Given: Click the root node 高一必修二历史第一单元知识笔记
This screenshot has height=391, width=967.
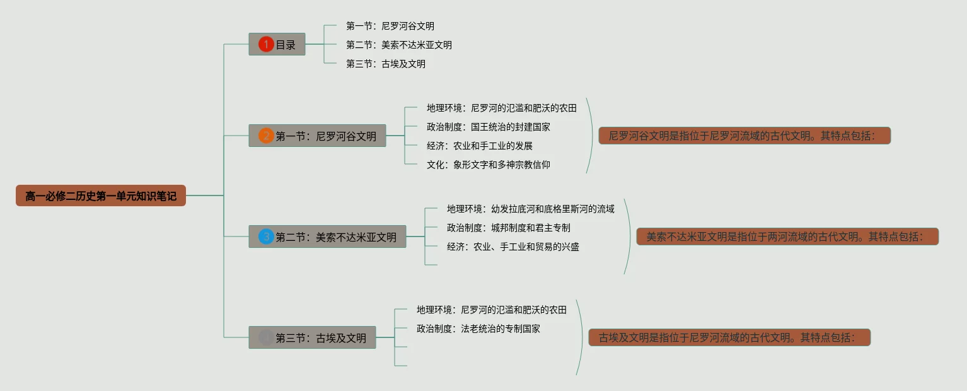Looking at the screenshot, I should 101,196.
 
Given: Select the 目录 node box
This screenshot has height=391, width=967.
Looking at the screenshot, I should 277,45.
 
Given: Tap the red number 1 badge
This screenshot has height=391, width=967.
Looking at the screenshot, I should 266,45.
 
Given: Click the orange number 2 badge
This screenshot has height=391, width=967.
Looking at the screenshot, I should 266,136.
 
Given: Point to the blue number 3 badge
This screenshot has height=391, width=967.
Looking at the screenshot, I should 266,237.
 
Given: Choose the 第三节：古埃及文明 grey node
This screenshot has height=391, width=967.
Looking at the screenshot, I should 312,338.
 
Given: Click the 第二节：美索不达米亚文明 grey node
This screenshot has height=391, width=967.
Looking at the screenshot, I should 327,237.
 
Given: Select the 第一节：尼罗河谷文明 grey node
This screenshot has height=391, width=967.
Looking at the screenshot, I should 317,136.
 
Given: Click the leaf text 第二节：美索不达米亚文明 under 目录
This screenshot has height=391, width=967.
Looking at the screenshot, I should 398,45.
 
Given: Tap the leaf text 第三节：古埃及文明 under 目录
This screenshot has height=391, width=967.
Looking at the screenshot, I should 385,64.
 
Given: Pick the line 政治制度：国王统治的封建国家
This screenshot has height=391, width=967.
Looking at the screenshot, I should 488,127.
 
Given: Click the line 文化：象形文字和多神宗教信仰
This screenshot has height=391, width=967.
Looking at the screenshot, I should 488,165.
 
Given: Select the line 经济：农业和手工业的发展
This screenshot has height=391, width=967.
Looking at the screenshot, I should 479,146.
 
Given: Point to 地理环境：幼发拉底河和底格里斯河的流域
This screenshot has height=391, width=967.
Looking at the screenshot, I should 530,209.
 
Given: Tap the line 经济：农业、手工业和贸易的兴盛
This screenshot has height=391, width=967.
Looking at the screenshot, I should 512,247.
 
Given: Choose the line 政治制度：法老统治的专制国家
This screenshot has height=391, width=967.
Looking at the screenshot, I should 478,329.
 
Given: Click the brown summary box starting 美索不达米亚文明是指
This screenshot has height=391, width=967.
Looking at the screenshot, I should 787,237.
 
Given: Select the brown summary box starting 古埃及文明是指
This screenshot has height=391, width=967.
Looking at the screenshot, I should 729,338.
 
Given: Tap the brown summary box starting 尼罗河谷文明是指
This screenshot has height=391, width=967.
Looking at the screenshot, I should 744,136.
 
